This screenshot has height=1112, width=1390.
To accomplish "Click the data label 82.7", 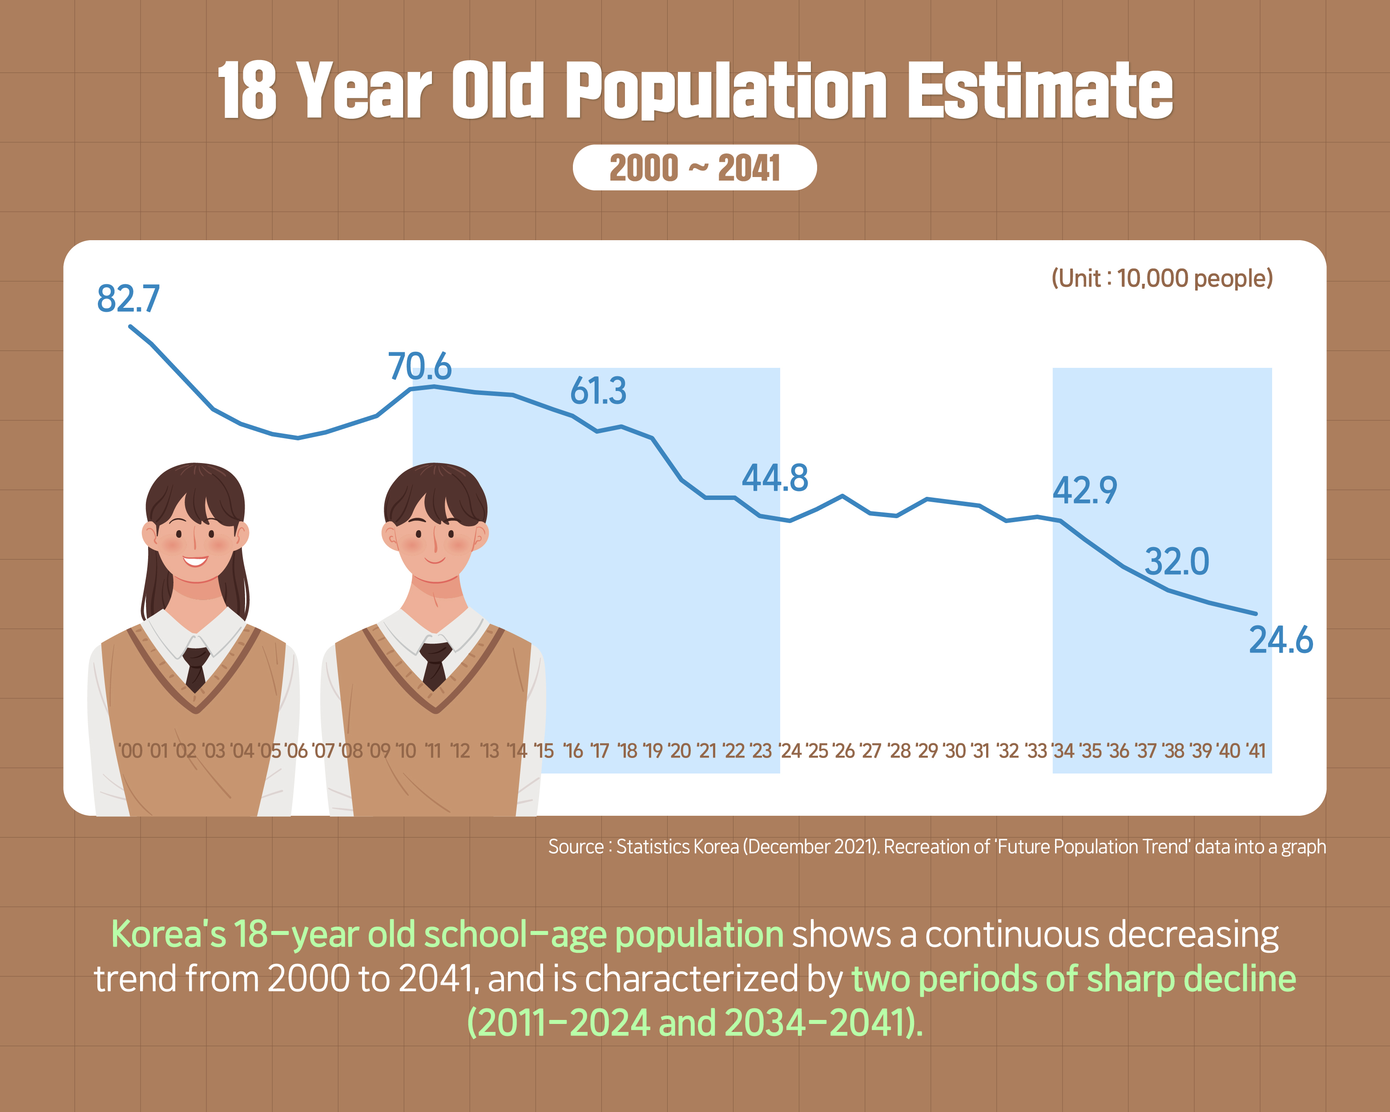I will click(128, 299).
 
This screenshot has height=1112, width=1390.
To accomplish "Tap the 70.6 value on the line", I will click(420, 367).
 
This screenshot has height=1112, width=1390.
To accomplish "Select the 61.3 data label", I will click(598, 391).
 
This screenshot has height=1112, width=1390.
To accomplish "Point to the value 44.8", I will click(774, 478).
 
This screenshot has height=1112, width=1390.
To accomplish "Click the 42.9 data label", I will click(1084, 491).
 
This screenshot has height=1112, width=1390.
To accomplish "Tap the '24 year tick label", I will click(790, 751).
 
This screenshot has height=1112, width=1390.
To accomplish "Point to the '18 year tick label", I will click(627, 751).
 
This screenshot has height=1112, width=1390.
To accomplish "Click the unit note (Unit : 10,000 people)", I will click(1162, 278).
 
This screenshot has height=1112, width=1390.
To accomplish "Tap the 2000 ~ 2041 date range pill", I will click(694, 168).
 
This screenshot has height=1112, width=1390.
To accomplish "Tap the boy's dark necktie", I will click(435, 664).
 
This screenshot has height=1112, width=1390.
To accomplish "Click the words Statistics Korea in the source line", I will click(677, 846).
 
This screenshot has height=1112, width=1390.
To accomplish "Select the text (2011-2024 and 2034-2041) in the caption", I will click(694, 1023).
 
